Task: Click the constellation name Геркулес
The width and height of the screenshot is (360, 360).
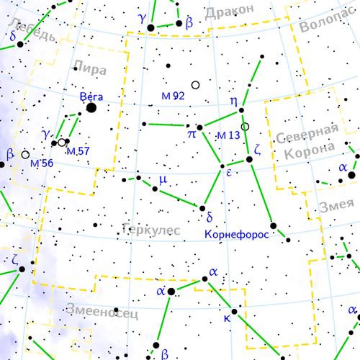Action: pyautogui.click(x=150, y=229)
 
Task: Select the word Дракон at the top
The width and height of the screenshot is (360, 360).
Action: pyautogui.click(x=229, y=12)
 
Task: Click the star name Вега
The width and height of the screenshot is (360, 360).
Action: pyautogui.click(x=91, y=95)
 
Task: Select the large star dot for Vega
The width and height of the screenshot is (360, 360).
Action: pyautogui.click(x=91, y=108)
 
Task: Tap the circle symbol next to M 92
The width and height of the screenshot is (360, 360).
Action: pyautogui.click(x=195, y=85)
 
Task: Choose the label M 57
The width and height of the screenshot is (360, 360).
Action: pyautogui.click(x=77, y=151)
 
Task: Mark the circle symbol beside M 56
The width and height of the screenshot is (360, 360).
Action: pyautogui.click(x=26, y=154)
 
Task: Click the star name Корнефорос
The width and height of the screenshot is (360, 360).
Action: pyautogui.click(x=237, y=235)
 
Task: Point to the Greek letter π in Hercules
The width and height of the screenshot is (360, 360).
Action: pyautogui.click(x=192, y=133)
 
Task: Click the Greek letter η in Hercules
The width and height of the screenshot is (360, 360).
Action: pyautogui.click(x=233, y=102)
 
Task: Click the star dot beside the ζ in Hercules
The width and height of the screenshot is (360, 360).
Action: pyautogui.click(x=249, y=159)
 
